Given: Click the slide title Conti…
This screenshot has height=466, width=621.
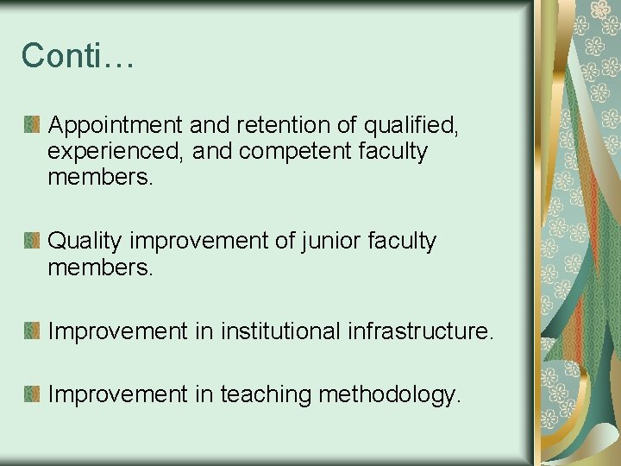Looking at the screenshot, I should point(78,55).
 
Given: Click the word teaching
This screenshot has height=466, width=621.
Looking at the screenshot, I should point(266,394).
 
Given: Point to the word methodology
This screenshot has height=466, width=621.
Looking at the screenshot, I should point(390,394).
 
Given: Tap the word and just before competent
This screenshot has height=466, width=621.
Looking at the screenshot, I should point(212,153).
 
